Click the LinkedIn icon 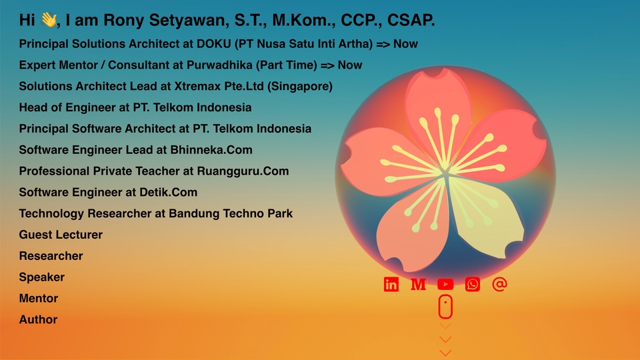[391, 284]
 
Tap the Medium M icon [418, 284]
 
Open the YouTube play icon [445, 284]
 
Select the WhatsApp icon [472, 284]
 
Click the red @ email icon [499, 284]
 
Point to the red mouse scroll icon [445, 306]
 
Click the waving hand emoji [49, 19]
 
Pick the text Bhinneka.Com [211, 150]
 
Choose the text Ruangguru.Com [243, 171]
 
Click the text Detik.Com [168, 192]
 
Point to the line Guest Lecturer [61, 235]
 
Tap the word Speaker [41, 277]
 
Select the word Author [38, 319]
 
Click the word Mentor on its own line [39, 299]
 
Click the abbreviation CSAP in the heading [411, 20]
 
